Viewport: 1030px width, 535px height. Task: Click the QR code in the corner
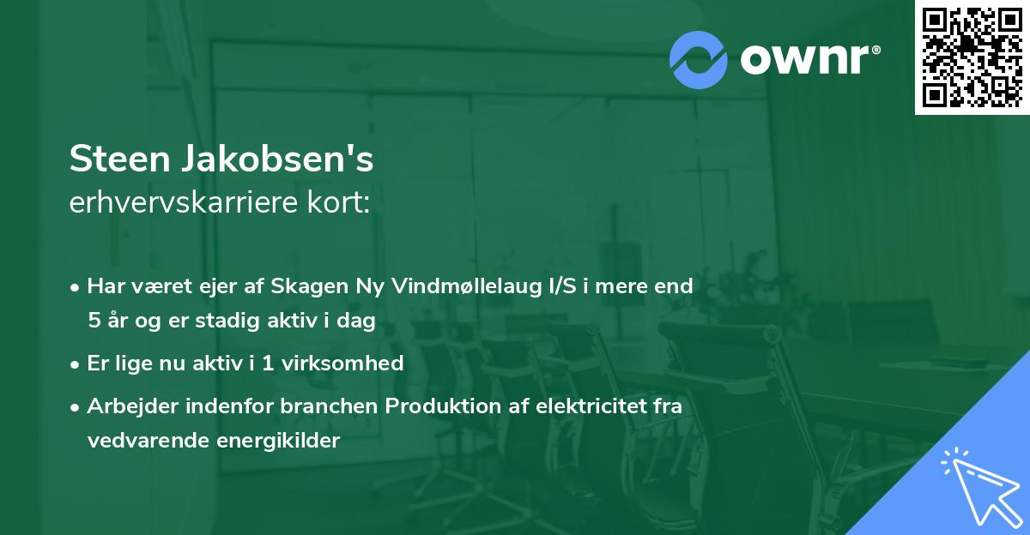[972, 57]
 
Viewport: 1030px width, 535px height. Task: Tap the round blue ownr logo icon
[699, 60]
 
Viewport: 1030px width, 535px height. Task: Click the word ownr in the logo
[805, 60]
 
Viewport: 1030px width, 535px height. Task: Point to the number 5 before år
[94, 322]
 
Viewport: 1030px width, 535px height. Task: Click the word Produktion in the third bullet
[437, 406]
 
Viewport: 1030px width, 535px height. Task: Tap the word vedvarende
[144, 441]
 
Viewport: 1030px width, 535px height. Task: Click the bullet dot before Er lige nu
[76, 364]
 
